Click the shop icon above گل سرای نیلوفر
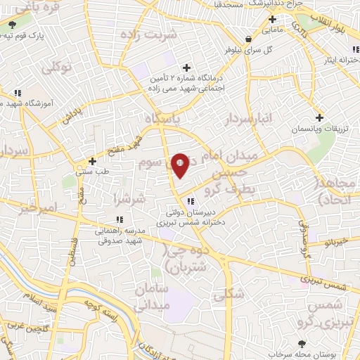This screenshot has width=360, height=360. pos(247,39)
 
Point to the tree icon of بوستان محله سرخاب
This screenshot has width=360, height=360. pos(302,344)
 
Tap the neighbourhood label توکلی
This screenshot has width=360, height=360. pos(58,69)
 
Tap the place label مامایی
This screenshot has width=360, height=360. pos(271,30)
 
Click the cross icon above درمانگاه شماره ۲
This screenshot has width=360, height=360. pos(186,67)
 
